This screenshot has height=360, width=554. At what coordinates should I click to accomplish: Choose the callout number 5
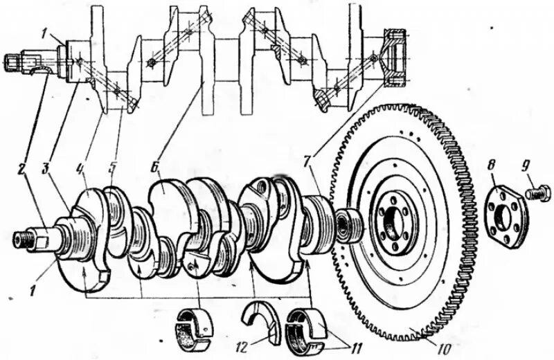[x=114, y=168]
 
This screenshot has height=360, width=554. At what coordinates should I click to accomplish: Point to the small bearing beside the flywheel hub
[x=347, y=223]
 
